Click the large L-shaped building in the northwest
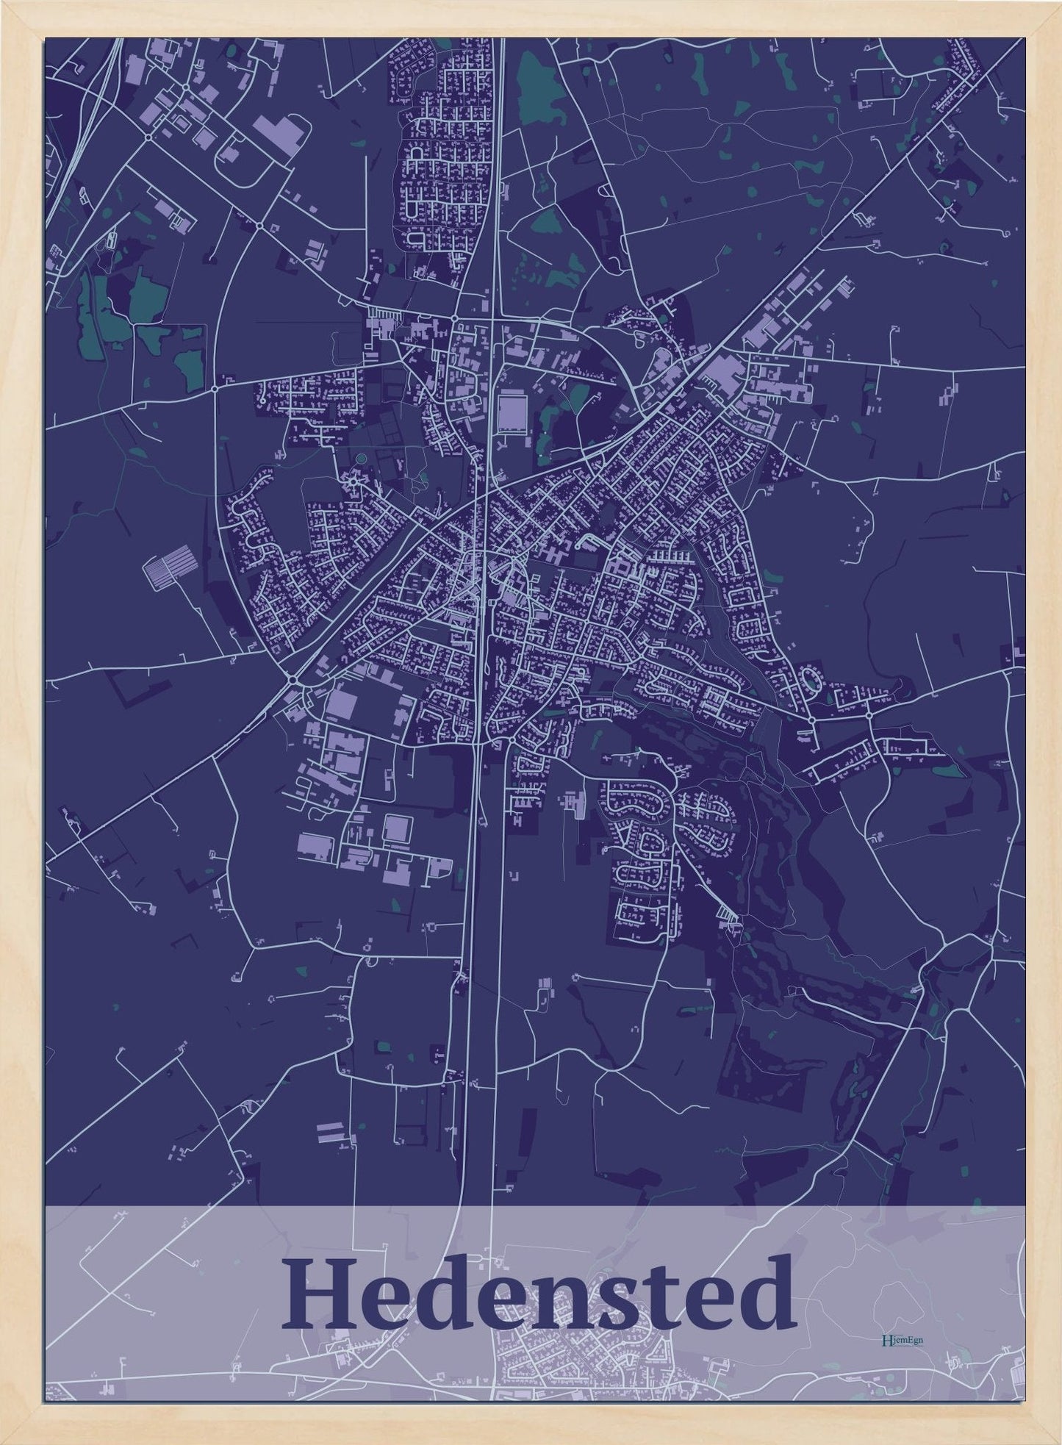tap(277, 137)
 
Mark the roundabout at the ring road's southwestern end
tap(294, 681)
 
